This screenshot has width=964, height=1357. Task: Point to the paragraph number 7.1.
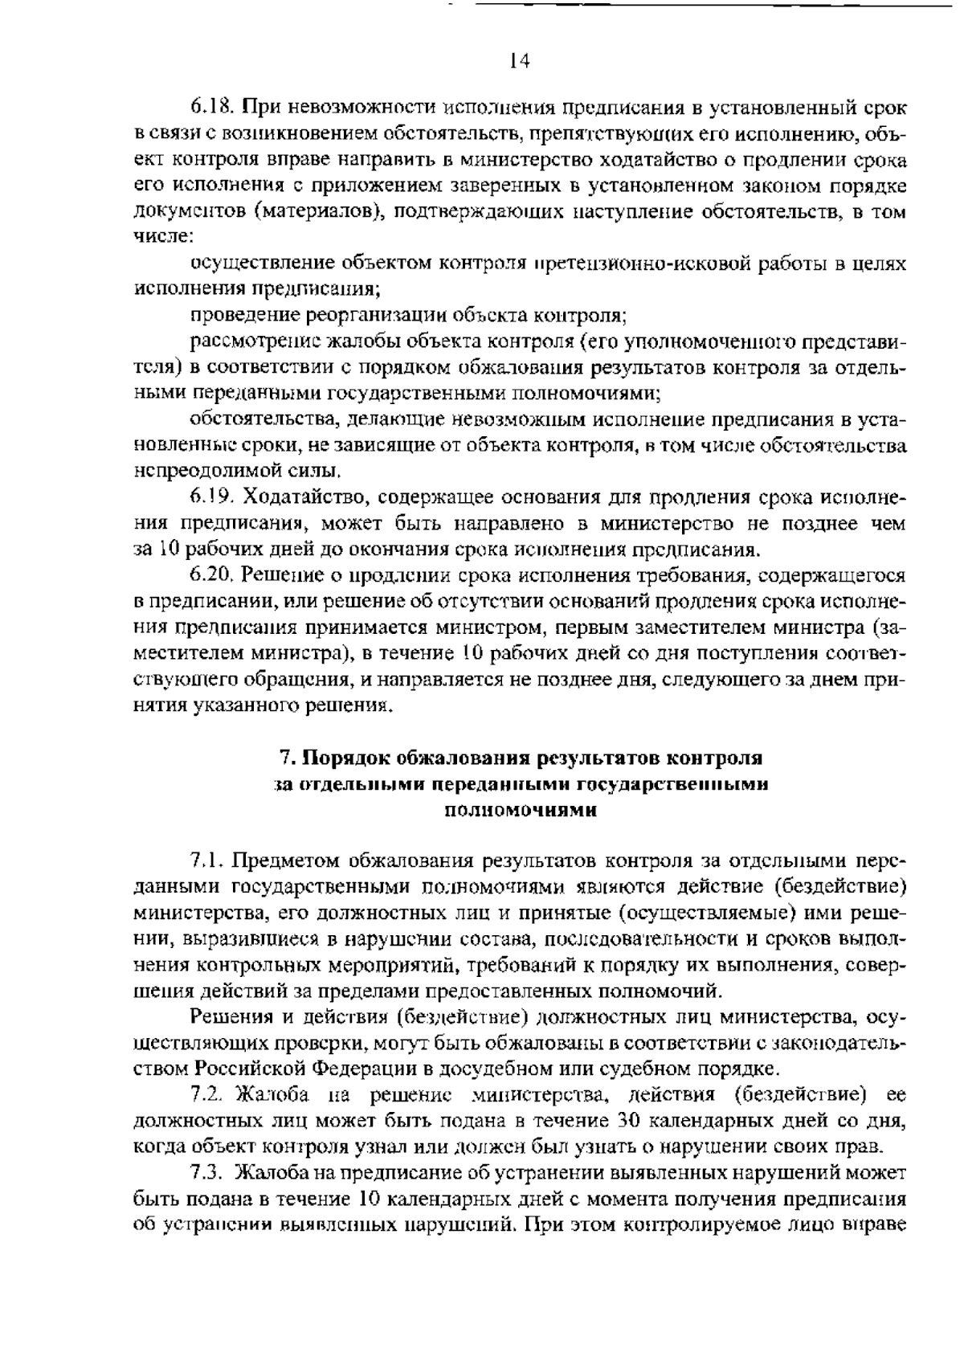(x=206, y=861)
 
